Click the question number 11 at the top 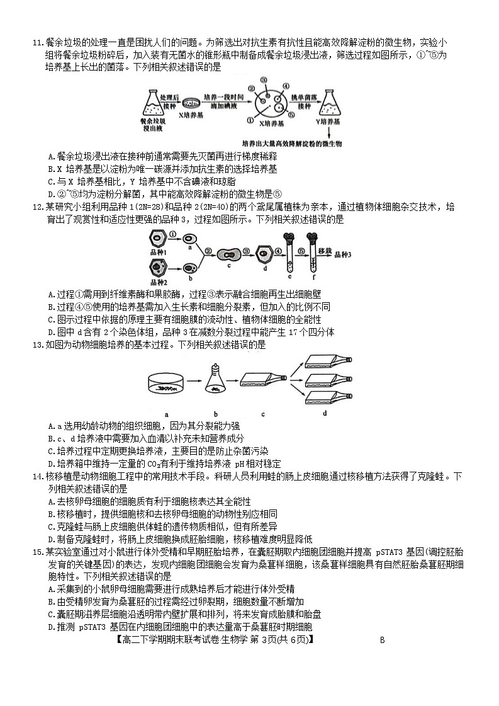[36, 43]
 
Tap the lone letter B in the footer [382, 641]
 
